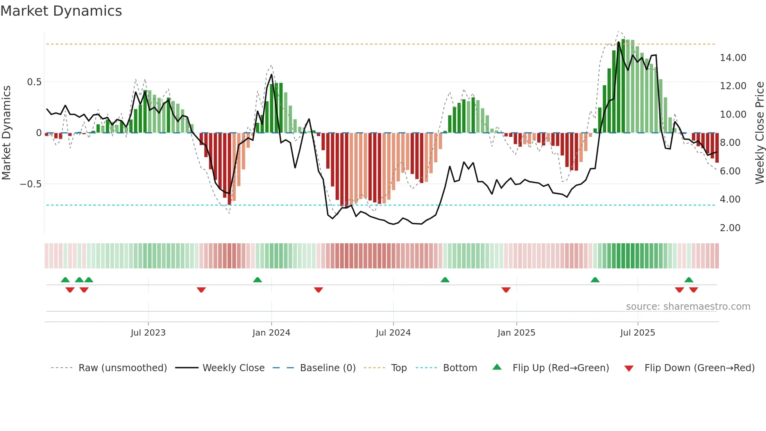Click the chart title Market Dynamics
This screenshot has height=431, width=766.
point(61,11)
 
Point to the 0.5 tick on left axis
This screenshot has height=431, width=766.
point(34,82)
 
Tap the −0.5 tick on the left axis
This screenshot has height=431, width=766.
point(30,184)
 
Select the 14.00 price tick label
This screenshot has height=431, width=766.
point(733,58)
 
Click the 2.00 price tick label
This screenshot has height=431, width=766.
point(730,228)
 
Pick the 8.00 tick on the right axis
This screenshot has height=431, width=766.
point(730,143)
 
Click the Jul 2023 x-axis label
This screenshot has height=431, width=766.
point(148,333)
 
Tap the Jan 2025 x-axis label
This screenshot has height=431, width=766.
point(516,333)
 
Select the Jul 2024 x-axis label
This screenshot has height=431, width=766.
point(393,333)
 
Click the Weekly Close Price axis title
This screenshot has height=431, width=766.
point(759,133)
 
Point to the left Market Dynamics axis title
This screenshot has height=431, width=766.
point(6,133)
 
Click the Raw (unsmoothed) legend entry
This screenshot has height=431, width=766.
point(122,368)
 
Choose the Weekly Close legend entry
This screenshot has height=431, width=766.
point(233,368)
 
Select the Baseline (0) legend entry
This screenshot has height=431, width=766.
point(328,368)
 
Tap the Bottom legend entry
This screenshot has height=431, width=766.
point(460,368)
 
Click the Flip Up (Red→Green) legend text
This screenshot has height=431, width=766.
point(560,368)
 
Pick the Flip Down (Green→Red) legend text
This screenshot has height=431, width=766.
point(699,368)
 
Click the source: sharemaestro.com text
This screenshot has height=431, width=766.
point(688,307)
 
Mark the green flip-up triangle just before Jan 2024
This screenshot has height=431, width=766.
point(257,280)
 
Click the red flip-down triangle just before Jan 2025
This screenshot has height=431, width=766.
point(506,290)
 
